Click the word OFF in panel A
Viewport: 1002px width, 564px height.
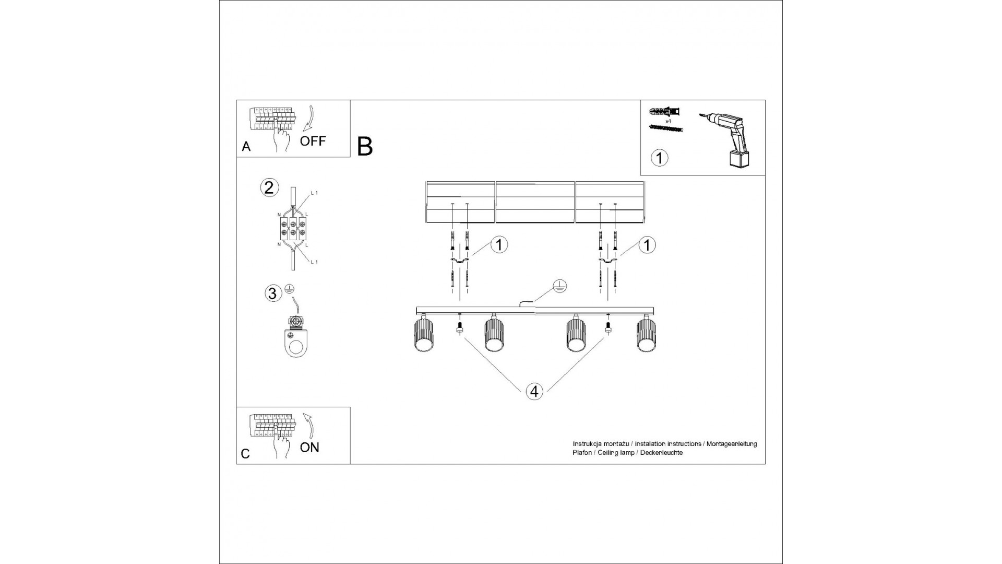(x=313, y=140)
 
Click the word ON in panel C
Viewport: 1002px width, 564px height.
(x=309, y=448)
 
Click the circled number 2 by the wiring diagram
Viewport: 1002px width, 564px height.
(x=269, y=187)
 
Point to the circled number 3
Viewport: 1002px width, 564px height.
(x=272, y=293)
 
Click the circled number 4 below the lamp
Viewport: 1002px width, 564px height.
(x=534, y=391)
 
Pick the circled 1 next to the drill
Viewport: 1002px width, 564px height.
(x=659, y=158)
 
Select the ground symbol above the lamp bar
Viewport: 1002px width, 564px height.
(x=559, y=286)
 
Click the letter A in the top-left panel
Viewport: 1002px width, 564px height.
(x=246, y=147)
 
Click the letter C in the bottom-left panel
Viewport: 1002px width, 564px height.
(x=245, y=454)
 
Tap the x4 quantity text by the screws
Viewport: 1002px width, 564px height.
(x=667, y=121)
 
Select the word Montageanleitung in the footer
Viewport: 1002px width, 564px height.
(x=731, y=444)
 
